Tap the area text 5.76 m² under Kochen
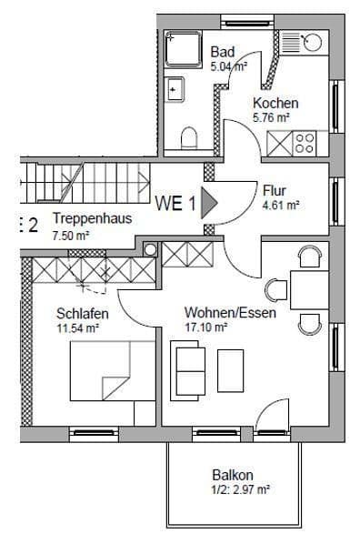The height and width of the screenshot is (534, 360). coord(271,117)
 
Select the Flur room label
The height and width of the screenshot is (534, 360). coord(275,191)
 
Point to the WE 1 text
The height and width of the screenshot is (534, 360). coord(175,203)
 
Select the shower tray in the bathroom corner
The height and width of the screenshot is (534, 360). coord(183,51)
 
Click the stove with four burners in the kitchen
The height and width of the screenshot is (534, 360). coord(303,142)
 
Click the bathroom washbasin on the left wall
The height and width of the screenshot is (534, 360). coord(175,89)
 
